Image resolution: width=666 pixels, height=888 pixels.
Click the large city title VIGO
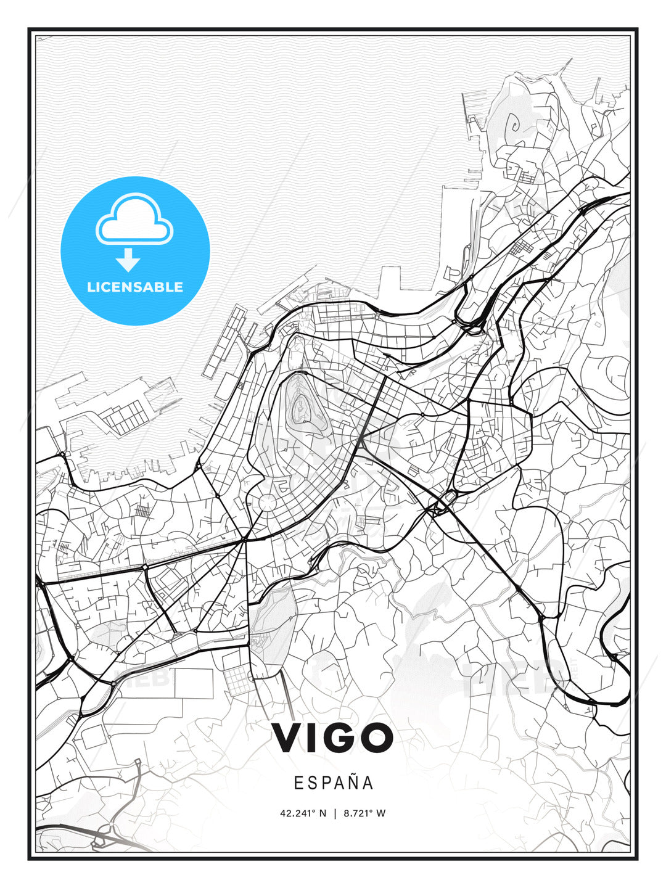coord(332,738)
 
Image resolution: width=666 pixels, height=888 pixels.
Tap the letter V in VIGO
coord(287,738)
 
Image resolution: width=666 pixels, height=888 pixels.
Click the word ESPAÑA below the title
coord(333,783)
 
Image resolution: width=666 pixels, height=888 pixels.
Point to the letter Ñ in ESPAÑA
coord(352,783)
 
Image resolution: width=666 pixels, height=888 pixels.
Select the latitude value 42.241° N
coord(303,813)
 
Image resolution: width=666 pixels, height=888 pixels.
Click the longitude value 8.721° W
coord(364,813)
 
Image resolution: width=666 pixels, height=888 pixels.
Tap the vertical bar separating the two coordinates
coord(335,813)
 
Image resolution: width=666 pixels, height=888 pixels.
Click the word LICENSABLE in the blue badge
coord(135,287)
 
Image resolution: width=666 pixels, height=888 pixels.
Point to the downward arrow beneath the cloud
coord(128,260)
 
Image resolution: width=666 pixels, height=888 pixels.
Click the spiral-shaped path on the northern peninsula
coord(512,126)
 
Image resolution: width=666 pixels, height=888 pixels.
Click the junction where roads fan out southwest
coord(245,540)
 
